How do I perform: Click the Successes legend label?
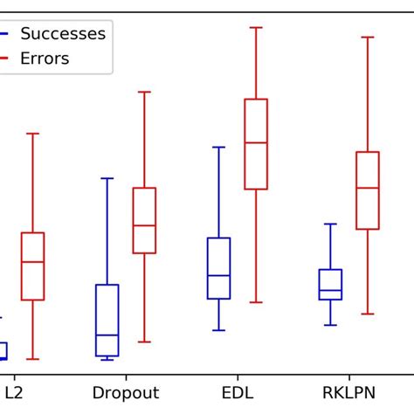tap(62, 34)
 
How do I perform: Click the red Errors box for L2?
tap(32, 266)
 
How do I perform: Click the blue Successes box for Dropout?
tap(107, 320)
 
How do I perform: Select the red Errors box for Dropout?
tap(144, 220)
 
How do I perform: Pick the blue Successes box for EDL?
tap(218, 268)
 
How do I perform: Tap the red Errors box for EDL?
tap(256, 144)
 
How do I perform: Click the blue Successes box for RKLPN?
tap(330, 284)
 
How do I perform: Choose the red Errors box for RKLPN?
tap(368, 190)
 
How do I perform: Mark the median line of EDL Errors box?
tap(256, 142)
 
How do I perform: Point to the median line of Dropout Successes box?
tap(107, 335)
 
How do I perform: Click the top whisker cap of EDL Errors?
tap(256, 27)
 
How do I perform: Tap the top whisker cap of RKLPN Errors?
tap(368, 38)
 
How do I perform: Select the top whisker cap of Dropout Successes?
tap(107, 178)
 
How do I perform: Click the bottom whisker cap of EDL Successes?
tap(218, 330)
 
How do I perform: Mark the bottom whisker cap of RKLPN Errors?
tap(368, 314)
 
